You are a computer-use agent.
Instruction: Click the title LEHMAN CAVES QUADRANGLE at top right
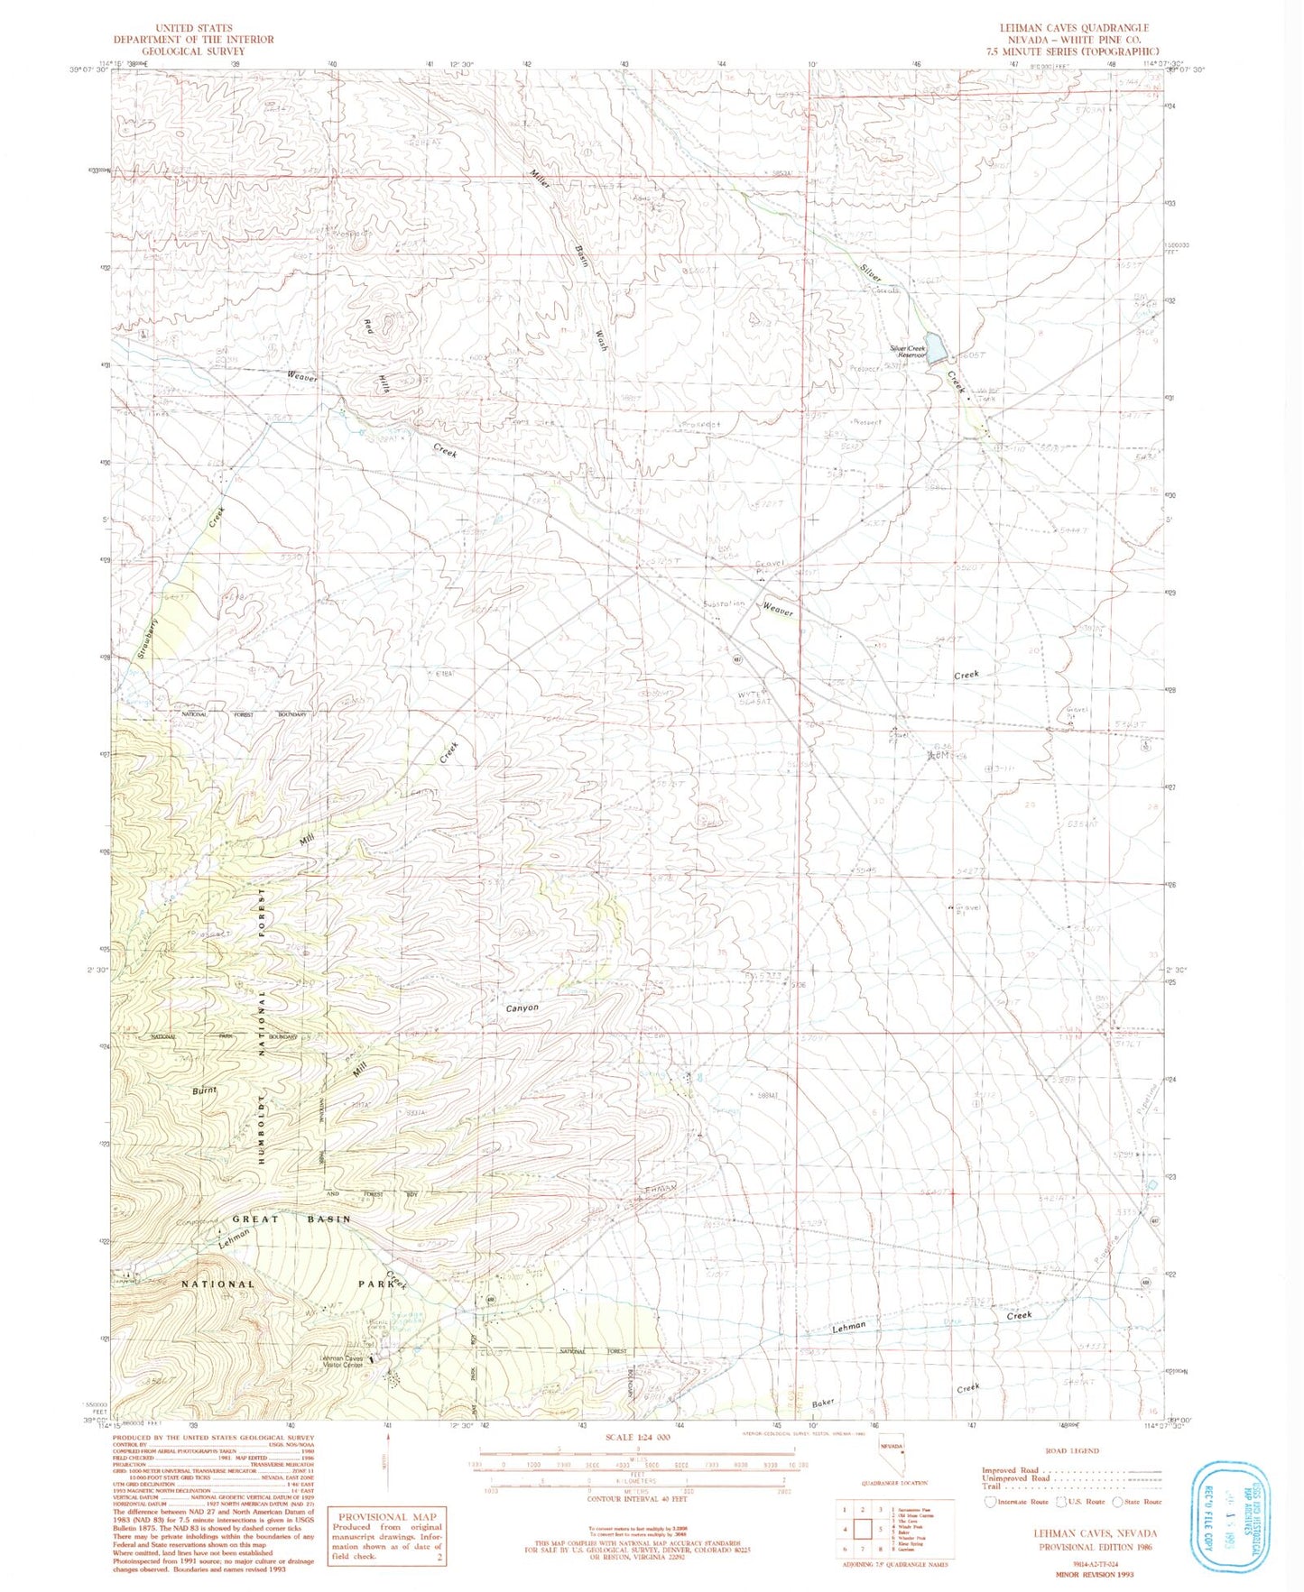(x=1073, y=28)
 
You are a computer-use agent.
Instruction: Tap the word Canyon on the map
(x=522, y=1008)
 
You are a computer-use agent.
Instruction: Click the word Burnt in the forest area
(x=205, y=1090)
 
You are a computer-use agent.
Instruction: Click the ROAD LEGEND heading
(x=1071, y=1450)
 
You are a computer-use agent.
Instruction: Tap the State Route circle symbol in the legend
(x=1118, y=1502)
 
